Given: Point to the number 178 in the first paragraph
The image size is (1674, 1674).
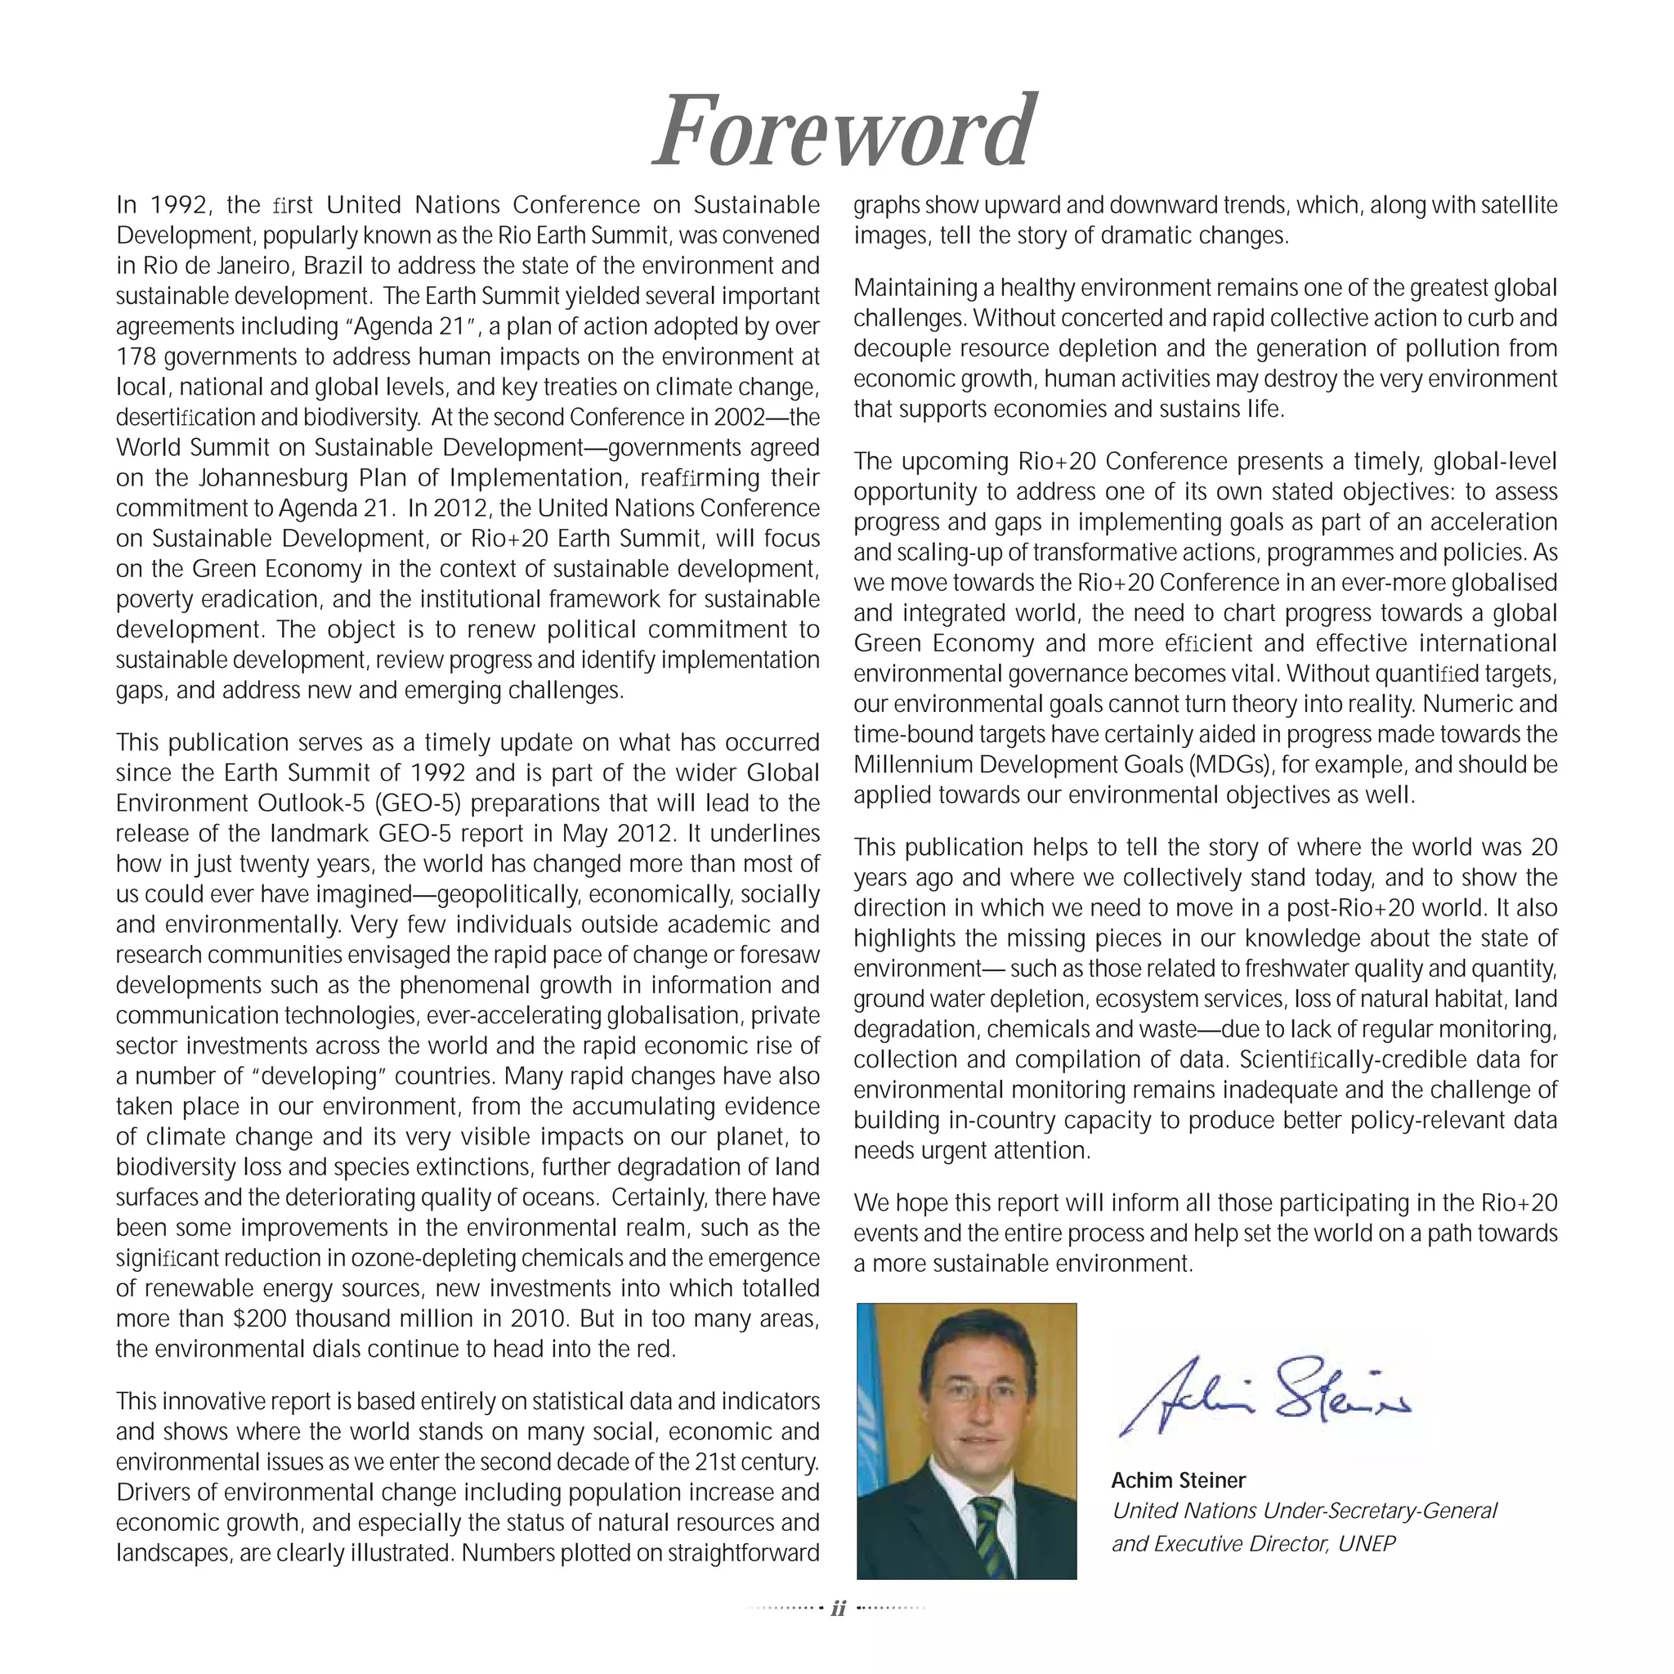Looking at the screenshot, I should (135, 357).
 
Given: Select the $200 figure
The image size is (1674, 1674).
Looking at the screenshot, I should (261, 1318).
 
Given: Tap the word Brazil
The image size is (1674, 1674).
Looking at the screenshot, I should (329, 266).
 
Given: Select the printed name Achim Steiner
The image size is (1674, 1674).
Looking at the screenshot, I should (1179, 1480).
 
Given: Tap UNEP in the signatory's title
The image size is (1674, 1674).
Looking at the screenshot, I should (1367, 1543).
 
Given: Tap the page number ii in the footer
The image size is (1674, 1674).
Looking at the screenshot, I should (838, 1608).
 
